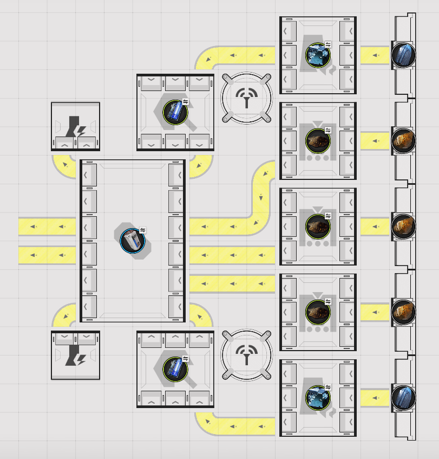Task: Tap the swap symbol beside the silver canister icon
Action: pos(143,230)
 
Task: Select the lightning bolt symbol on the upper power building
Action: pos(75,128)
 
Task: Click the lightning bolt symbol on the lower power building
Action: pos(75,355)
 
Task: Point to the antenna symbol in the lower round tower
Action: pos(246,355)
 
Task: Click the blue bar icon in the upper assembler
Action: pos(175,112)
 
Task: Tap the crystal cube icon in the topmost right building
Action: pos(318,55)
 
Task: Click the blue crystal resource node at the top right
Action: pos(403,55)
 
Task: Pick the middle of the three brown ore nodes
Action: pos(403,226)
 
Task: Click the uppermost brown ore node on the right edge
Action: pos(403,140)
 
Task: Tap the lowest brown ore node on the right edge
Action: pos(403,312)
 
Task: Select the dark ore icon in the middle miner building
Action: pos(318,226)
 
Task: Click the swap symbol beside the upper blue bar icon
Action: pos(186,101)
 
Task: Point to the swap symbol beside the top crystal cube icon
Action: pos(328,44)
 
